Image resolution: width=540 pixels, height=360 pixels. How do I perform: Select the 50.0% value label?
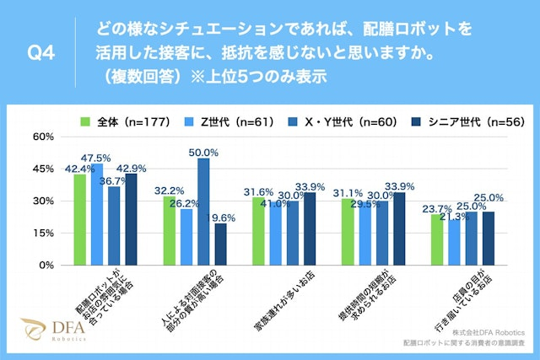tap(203, 153)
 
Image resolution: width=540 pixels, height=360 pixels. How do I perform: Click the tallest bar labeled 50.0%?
tap(203, 212)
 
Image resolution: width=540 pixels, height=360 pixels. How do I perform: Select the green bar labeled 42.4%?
tap(80, 220)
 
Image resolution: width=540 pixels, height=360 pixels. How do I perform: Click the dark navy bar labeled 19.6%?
tap(220, 244)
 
